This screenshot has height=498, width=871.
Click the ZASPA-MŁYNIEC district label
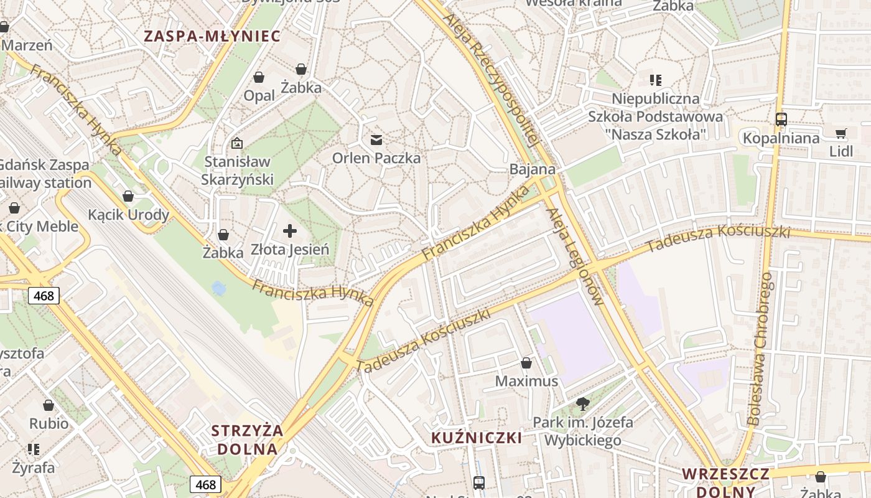pos(212,35)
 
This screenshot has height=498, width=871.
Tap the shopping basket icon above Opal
pos(259,77)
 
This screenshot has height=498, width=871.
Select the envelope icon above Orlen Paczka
pos(376,139)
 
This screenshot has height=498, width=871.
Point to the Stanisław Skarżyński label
pos(237,171)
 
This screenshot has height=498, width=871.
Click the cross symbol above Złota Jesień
pos(290,232)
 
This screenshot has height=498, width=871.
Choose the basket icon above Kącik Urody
pos(128,196)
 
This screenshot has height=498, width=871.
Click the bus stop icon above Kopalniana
pos(781,119)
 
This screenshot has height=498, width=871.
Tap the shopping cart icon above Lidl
pos(841,133)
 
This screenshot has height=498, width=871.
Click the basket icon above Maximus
pos(526,362)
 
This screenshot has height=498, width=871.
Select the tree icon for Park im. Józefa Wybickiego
pos(583,404)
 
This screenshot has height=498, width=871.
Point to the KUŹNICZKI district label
pos(477,438)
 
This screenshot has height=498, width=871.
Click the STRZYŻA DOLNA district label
pos(247,439)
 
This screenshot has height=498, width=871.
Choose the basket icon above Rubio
pos(49,405)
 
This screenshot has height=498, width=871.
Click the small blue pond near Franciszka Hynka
pos(219,288)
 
